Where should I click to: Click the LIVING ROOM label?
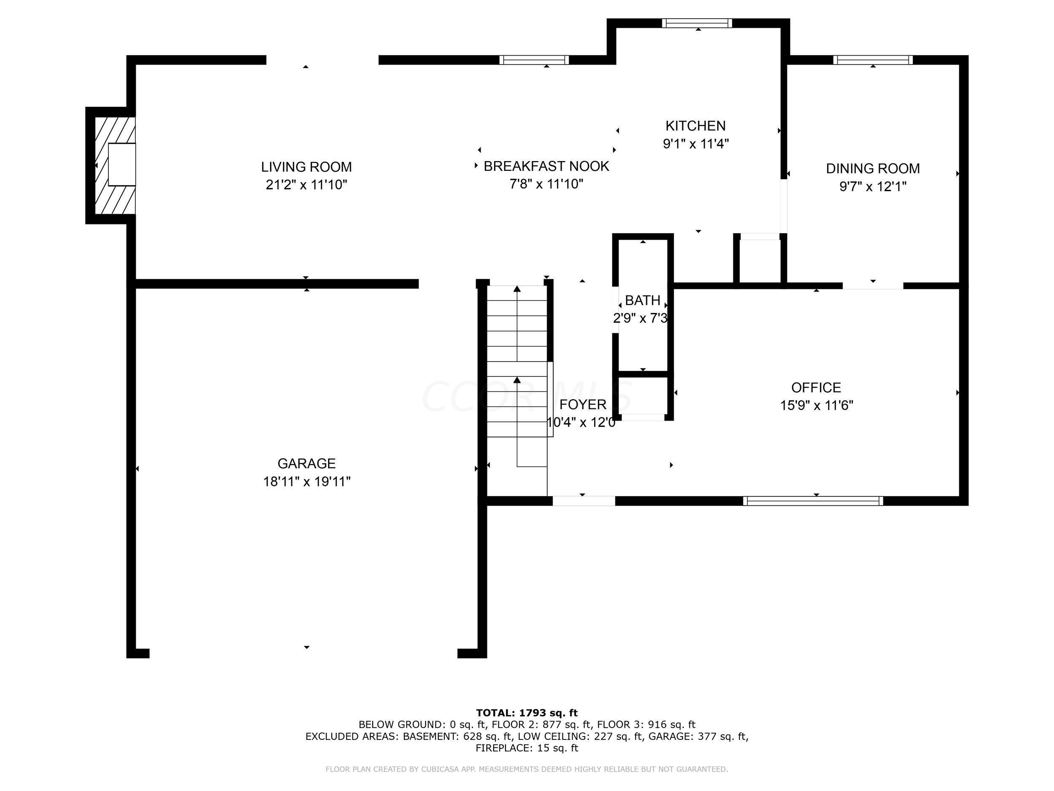tap(307, 167)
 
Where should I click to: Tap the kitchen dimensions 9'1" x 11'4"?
tap(696, 143)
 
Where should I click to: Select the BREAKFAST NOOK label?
tap(546, 166)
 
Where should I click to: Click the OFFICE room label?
tap(816, 387)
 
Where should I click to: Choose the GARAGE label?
tap(307, 464)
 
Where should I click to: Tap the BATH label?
tap(643, 300)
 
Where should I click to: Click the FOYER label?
tap(583, 404)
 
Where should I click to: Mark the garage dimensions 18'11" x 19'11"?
tap(307, 482)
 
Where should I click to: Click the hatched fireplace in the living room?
tap(115, 165)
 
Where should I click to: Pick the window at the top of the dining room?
tap(873, 59)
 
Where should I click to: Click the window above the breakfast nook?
tap(534, 59)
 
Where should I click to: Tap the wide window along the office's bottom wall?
tap(813, 501)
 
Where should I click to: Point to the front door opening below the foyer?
tap(583, 501)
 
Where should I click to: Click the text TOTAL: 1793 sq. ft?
tap(527, 713)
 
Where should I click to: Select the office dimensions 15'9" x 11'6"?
tap(816, 405)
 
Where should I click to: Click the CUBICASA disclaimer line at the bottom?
tap(527, 769)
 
